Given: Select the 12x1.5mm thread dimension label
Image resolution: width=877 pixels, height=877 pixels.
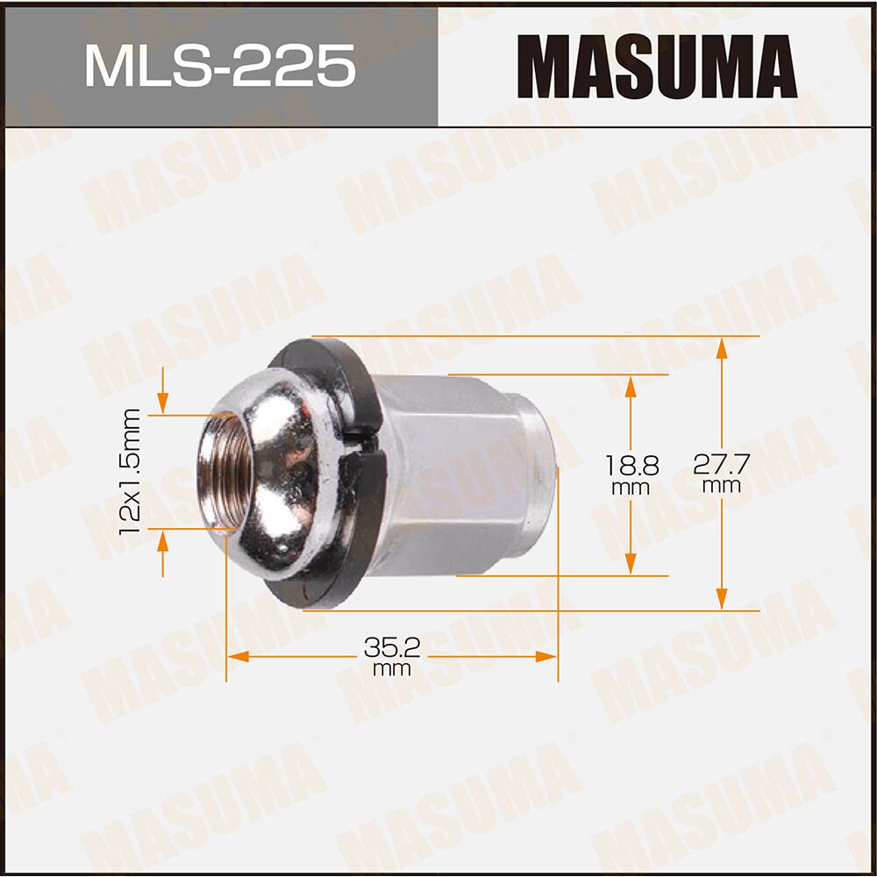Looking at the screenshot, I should click(132, 474).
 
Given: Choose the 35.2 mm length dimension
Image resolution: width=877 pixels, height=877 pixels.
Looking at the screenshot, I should click(392, 653).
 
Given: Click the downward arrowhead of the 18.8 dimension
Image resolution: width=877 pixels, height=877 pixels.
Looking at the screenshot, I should click(630, 565).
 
